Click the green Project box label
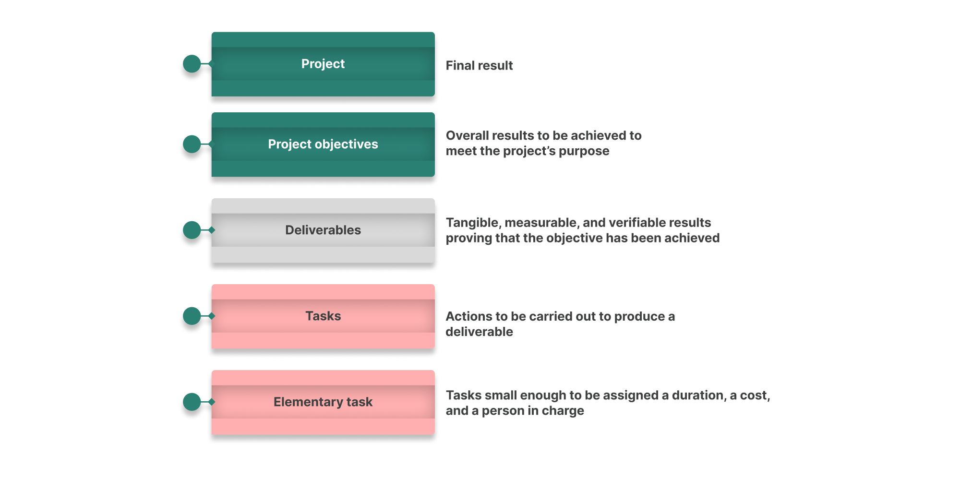click(x=323, y=64)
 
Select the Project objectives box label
click(x=323, y=144)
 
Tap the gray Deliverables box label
click(x=323, y=230)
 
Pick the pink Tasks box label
click(x=323, y=316)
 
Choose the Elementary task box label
click(x=323, y=402)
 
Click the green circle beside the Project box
click(x=192, y=64)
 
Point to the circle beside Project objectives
click(x=192, y=144)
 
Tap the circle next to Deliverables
click(x=192, y=230)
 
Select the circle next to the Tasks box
click(x=192, y=316)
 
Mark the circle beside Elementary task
click(x=192, y=402)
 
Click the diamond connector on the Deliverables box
click(x=212, y=230)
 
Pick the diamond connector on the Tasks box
click(x=212, y=316)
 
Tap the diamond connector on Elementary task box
click(x=212, y=402)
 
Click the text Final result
click(x=479, y=65)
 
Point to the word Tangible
click(x=472, y=223)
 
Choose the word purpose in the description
click(x=584, y=152)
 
